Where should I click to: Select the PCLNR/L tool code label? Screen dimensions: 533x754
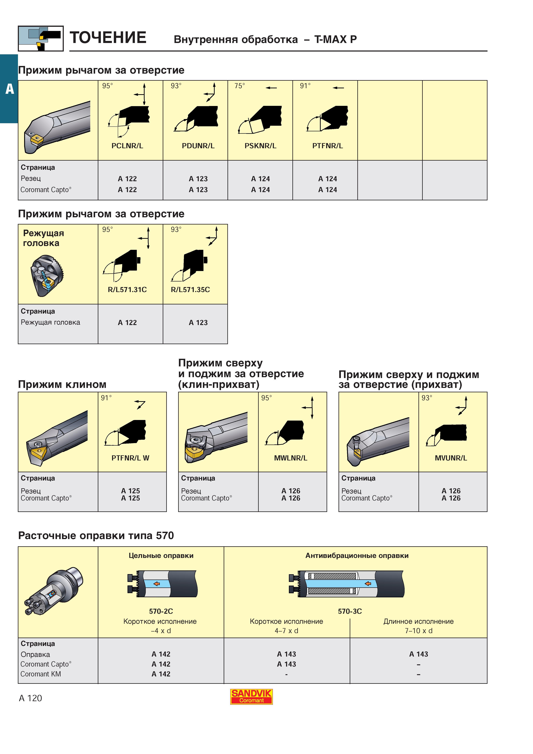click(127, 146)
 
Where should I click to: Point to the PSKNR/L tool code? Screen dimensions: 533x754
click(260, 146)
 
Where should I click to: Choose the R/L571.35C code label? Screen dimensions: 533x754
click(191, 290)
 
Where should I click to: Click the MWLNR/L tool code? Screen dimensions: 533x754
click(291, 458)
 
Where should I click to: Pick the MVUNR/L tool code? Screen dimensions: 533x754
click(451, 458)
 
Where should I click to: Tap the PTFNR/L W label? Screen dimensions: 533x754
click(130, 458)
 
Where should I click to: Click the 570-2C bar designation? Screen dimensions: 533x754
click(161, 611)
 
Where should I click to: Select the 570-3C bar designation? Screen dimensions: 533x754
click(350, 611)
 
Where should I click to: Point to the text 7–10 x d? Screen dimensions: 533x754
click(419, 630)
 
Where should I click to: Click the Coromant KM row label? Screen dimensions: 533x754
click(41, 674)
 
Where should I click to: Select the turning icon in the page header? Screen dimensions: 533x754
click(41, 38)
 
